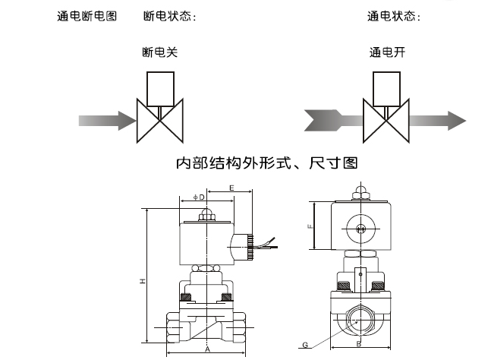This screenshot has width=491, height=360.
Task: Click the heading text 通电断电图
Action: (87, 16)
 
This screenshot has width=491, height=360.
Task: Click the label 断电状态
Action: (169, 16)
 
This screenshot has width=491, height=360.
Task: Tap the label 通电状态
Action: (395, 16)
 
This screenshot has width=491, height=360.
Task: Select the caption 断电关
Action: (160, 52)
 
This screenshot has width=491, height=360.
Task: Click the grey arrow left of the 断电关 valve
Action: (106, 120)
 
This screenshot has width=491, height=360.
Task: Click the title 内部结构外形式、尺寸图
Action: (266, 163)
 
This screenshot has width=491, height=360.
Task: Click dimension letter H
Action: (142, 282)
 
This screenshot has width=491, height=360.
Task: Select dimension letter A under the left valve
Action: (207, 351)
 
